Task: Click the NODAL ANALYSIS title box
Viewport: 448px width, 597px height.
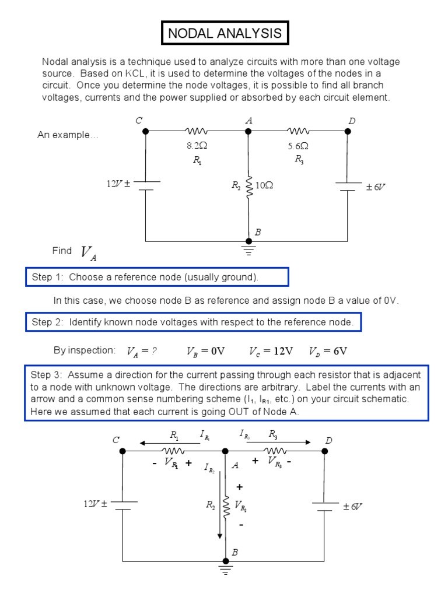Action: tap(225, 33)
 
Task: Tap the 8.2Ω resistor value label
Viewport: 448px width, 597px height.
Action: tap(197, 146)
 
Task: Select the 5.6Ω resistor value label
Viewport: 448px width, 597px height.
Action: tap(298, 146)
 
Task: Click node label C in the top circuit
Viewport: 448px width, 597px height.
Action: tap(139, 120)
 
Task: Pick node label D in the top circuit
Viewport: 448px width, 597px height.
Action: tap(352, 121)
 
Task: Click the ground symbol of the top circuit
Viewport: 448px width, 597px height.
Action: tap(249, 251)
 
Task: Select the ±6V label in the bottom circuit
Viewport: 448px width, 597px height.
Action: tap(353, 507)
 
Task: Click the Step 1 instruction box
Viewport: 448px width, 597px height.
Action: tap(157, 278)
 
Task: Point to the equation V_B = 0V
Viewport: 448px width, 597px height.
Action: tap(205, 351)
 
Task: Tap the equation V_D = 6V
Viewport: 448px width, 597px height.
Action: tap(328, 351)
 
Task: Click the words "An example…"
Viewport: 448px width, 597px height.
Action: tap(68, 135)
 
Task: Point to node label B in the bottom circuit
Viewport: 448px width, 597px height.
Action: tap(235, 552)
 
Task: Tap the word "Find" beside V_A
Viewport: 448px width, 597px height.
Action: tap(62, 251)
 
